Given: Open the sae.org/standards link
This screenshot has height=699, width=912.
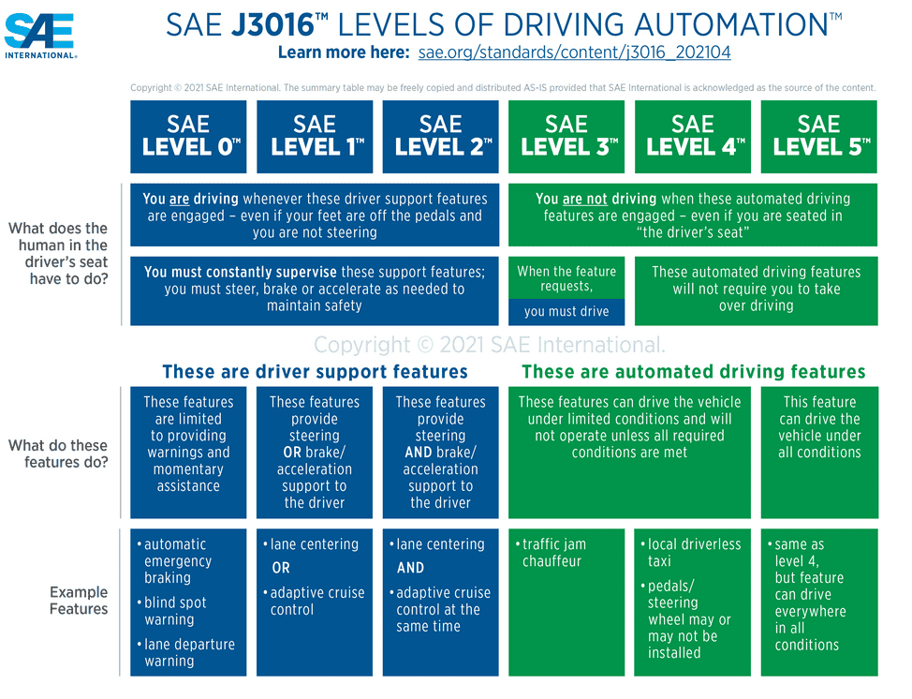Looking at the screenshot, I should point(574,52).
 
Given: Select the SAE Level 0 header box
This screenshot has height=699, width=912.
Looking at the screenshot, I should point(188,137).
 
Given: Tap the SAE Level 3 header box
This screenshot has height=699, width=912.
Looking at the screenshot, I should point(566,137).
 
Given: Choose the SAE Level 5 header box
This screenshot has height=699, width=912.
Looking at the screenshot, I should point(819,137).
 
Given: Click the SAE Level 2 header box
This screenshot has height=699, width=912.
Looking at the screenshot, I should point(440,137).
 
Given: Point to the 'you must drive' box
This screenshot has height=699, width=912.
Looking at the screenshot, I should point(566,312).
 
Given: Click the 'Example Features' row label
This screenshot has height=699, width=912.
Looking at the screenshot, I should point(79,601).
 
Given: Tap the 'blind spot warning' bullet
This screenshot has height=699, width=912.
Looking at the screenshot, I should point(175,611).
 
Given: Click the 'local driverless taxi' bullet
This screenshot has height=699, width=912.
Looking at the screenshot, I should point(694,553).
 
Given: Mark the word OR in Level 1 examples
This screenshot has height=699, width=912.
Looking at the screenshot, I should point(281,568).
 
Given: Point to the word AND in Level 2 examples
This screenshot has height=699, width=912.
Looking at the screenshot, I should point(410,568).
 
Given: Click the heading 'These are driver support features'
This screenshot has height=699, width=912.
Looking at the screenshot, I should point(315,372).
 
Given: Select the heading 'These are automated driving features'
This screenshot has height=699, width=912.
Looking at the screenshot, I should point(693,372).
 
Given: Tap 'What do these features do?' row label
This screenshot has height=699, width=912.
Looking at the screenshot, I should point(58,454).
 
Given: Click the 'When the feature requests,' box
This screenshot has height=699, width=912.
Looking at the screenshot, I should point(566,278).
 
